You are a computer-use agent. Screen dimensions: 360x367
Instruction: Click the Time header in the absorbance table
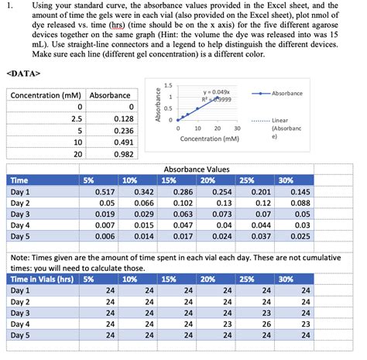pyautogui.click(x=19, y=179)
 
